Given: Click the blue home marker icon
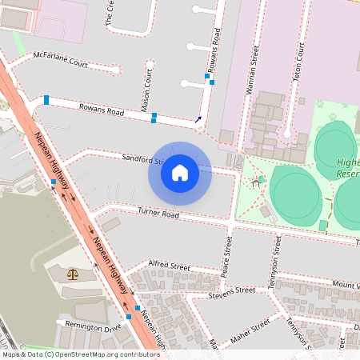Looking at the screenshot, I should point(180,173).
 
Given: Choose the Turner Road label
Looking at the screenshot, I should point(158,214).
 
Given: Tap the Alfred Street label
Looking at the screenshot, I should point(170,266).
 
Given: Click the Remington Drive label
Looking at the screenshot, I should point(94,327).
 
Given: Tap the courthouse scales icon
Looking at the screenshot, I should point(74,274).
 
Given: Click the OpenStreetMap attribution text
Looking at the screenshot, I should point(81,354).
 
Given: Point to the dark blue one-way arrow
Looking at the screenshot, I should point(198,120).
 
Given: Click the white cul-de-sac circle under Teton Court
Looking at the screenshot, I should point(287,133).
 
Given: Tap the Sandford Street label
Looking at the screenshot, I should point(142,160).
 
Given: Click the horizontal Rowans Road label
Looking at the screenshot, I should point(102,110).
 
